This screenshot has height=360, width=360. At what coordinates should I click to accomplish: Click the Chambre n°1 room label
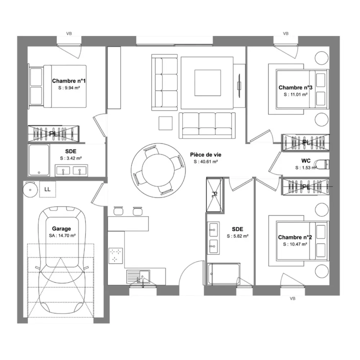tap(69, 81)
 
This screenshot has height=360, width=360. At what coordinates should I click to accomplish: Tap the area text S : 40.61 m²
tap(206, 162)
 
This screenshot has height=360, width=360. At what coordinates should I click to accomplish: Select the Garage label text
tap(61, 229)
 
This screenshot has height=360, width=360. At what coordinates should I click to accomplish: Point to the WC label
tap(306, 161)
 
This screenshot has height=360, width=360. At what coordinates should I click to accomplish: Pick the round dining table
tap(158, 170)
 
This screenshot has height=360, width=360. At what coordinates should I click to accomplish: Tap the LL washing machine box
tap(48, 189)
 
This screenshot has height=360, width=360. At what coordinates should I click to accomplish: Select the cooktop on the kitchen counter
tap(116, 256)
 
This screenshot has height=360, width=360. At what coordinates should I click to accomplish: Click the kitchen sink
tap(138, 276)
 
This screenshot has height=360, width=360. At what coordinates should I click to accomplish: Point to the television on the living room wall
tap(239, 85)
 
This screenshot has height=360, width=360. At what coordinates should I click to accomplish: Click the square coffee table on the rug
tap(208, 83)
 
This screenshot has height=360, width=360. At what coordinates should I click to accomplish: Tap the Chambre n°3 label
tap(295, 87)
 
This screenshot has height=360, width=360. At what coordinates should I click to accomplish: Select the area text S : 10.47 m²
tap(295, 244)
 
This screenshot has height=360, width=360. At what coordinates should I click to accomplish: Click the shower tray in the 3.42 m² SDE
tap(39, 160)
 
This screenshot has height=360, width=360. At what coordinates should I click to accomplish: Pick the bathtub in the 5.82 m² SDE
tap(224, 274)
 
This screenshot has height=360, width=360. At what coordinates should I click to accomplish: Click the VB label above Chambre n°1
tap(69, 33)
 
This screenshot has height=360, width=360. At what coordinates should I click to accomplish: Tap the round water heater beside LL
tap(30, 190)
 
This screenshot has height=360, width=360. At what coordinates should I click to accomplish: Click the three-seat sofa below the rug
tap(207, 125)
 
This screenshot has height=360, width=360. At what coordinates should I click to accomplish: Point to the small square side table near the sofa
tap(166, 123)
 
